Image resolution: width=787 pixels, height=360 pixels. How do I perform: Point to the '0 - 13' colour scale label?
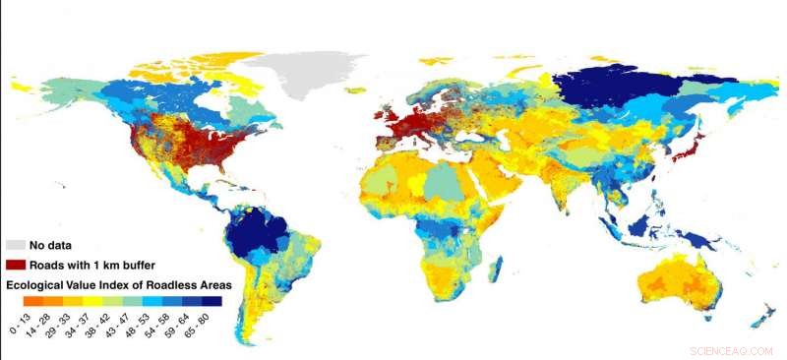click(x=18, y=321)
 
